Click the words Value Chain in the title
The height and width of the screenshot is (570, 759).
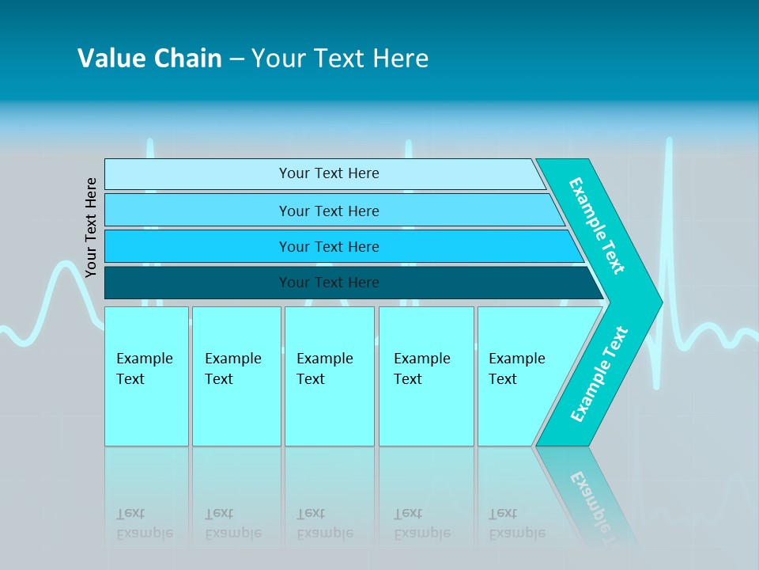149,58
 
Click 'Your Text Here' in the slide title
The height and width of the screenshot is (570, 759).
340,58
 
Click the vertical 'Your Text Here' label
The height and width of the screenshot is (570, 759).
91,227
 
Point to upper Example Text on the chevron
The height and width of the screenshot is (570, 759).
597,226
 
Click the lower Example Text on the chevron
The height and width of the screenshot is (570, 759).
599,374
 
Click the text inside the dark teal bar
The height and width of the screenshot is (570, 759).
329,283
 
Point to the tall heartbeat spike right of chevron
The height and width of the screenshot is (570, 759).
669,206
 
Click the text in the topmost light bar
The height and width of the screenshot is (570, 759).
329,173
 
